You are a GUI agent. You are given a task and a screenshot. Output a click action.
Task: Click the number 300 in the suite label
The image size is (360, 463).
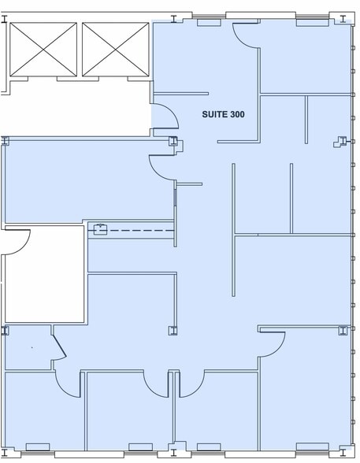coord(237,115)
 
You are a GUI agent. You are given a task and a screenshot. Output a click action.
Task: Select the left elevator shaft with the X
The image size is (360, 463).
coord(43,50)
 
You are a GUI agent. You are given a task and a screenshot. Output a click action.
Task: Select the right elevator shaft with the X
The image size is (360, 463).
coord(116,50)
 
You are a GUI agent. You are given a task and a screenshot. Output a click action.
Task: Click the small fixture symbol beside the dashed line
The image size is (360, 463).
coord(100,229)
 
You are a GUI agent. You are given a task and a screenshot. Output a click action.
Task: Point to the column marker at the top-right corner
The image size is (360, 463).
coord(343,19)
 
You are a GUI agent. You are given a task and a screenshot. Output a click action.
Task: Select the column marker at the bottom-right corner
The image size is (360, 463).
coord(343,453)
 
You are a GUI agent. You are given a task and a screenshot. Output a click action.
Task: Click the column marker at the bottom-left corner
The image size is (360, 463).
coord(5,453)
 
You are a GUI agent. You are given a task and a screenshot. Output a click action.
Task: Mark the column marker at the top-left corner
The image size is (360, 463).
coord(4,19)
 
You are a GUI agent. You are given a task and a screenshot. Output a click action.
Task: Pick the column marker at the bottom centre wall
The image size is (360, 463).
coord(173,453)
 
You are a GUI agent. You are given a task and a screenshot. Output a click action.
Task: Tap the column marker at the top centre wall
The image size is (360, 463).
coord(173,19)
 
